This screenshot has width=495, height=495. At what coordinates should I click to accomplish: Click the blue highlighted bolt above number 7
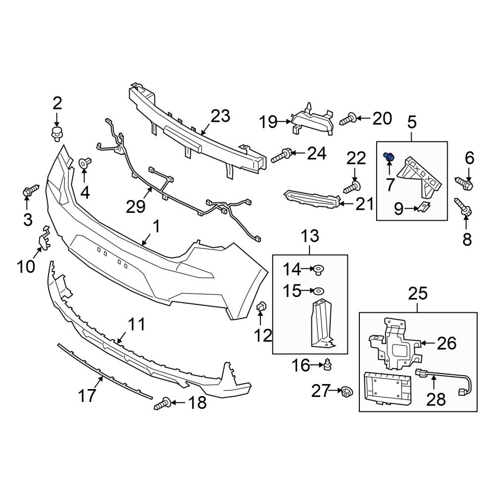coord(389,157)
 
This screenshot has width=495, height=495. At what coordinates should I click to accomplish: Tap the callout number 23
coord(220,117)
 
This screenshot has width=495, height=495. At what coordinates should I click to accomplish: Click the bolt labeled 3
coord(30,190)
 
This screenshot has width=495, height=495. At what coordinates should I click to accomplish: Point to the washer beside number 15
coord(319,291)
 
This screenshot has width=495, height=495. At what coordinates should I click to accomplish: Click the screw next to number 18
coord(162,404)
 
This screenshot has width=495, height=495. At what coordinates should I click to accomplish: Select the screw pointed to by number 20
coord(348,119)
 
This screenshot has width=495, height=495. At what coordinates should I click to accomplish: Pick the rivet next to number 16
coord(327,366)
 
